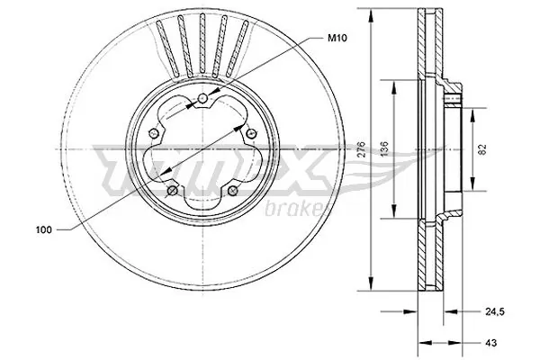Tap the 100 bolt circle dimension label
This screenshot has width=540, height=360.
click(43, 230)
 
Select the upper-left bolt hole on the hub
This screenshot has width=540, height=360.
click(154, 132)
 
